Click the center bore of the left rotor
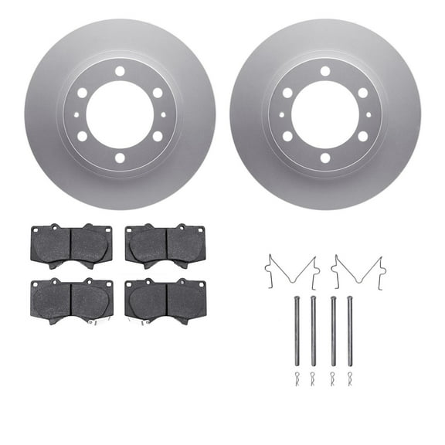[x=120, y=114]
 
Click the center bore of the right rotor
[x=325, y=114]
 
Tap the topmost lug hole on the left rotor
[x=120, y=71]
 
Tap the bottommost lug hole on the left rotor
[x=120, y=158]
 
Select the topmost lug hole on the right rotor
[x=325, y=71]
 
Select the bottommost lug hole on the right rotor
[x=325, y=158]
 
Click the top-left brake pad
[x=70, y=245]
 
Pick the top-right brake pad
[x=165, y=245]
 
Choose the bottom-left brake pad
[x=71, y=299]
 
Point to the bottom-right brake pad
[x=165, y=299]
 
